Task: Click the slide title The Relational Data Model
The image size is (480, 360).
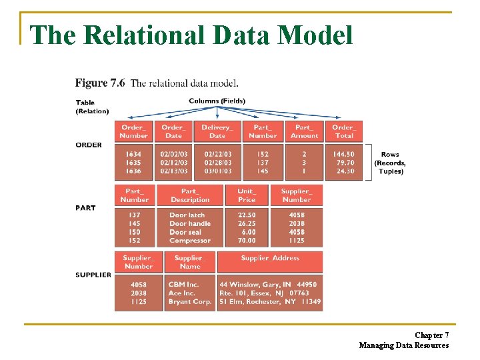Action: coord(192,35)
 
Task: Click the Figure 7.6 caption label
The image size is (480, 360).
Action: coord(100,83)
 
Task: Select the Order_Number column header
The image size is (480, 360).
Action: coord(134,131)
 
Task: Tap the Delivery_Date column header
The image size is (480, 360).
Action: coord(217,131)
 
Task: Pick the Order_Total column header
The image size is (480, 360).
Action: coord(343,131)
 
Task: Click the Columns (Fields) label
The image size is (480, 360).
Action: coord(217,101)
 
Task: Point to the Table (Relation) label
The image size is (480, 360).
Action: coord(92,107)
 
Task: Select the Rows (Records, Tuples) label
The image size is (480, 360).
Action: coord(390,163)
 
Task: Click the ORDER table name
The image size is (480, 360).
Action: coord(89,145)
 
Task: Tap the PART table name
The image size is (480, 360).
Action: coord(85,207)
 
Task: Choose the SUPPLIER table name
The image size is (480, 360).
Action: coord(93,275)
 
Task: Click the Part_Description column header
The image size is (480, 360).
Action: coord(190,195)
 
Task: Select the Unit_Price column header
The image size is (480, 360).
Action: coord(247,195)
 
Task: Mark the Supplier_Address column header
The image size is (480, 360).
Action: coord(270,258)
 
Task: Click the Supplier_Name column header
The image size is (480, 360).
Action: coord(190,262)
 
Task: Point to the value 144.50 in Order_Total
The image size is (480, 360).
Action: coord(344,154)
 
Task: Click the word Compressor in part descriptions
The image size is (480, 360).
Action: coord(190,241)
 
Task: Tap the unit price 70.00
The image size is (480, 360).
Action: coord(247,241)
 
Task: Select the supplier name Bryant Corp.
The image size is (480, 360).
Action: coord(190,301)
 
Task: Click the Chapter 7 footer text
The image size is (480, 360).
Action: coord(431,335)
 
